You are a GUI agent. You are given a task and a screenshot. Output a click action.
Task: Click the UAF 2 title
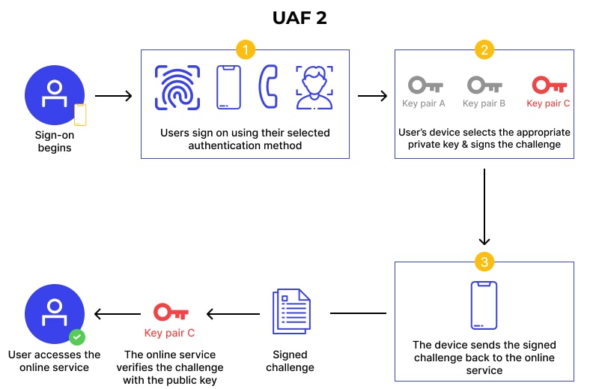[x=299, y=17]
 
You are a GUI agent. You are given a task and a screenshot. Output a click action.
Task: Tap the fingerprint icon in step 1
[x=177, y=88]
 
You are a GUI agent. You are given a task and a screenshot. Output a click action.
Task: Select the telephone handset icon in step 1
[x=267, y=88]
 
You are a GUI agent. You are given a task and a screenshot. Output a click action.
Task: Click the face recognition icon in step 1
[x=314, y=88]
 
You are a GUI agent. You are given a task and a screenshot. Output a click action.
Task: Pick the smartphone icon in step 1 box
[x=228, y=88]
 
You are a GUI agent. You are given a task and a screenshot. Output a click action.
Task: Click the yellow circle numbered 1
[x=245, y=50]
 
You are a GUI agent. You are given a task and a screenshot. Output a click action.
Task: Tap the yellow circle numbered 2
[x=484, y=50]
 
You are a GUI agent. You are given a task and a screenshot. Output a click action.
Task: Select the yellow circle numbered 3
[x=484, y=262]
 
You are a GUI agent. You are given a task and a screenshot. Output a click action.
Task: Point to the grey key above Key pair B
[x=484, y=84]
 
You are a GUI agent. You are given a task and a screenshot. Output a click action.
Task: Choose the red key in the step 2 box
[x=548, y=84]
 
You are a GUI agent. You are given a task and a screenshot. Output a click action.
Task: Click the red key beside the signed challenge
[x=170, y=312]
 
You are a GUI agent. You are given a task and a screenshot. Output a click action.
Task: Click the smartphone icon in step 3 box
[x=484, y=304]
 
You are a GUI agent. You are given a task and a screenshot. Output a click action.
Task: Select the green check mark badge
[x=76, y=337]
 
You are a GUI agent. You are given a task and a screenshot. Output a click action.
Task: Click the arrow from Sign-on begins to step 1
[x=114, y=96]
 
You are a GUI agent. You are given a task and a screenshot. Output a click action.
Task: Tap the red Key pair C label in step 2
[x=548, y=103]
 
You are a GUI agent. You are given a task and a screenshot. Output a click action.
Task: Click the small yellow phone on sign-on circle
[x=79, y=115]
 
